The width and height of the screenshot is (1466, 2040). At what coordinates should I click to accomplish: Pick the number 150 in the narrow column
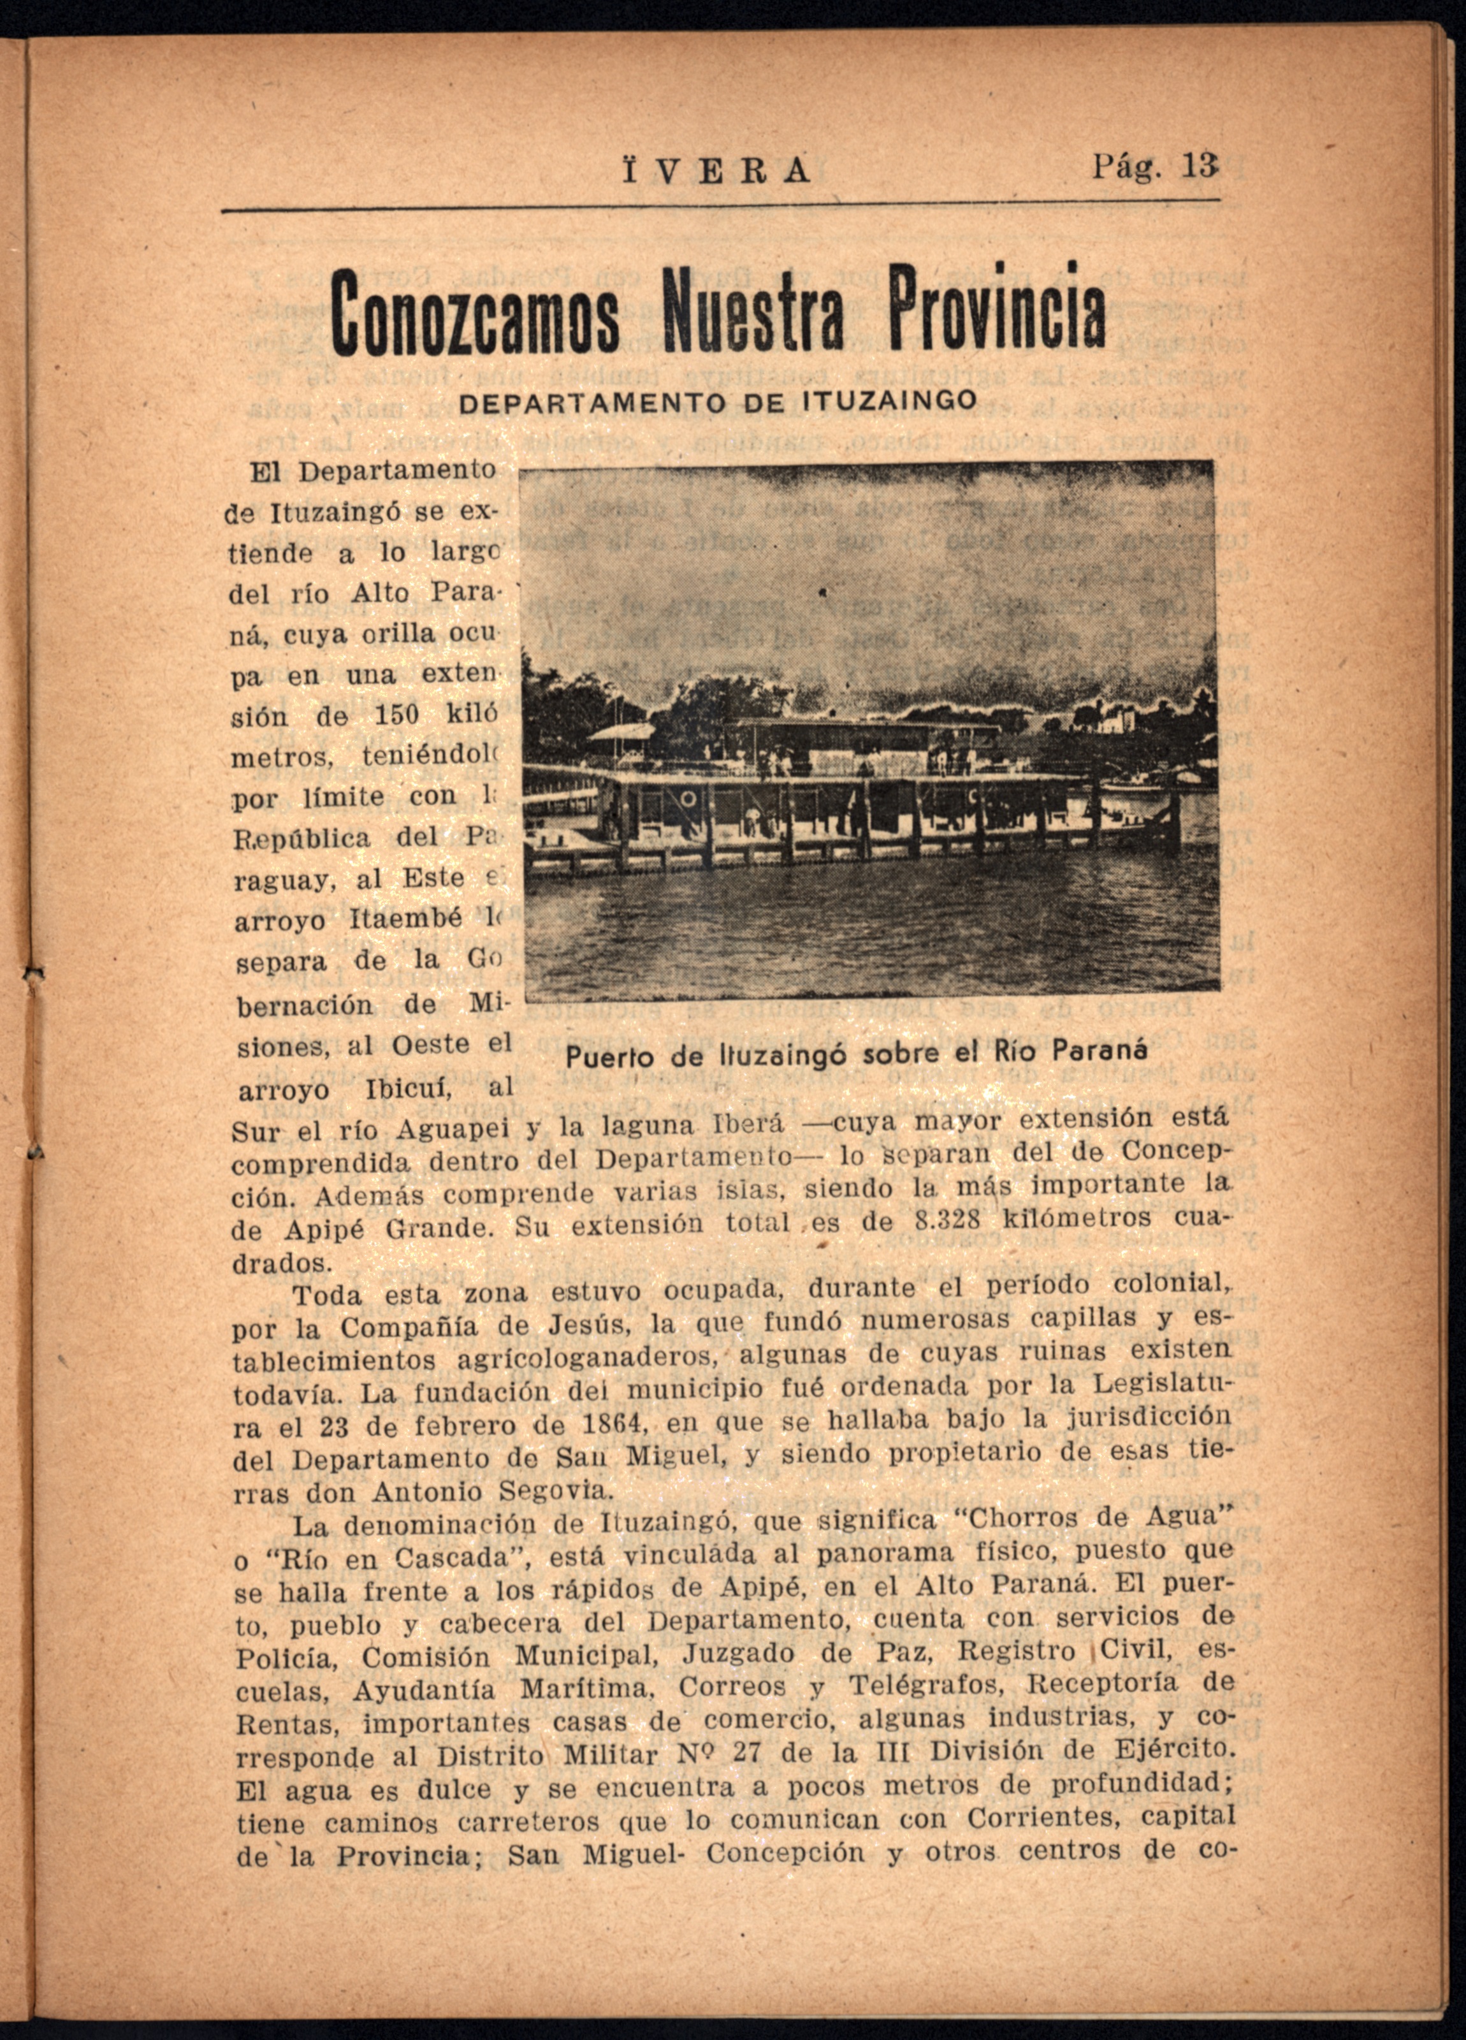coord(396,715)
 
